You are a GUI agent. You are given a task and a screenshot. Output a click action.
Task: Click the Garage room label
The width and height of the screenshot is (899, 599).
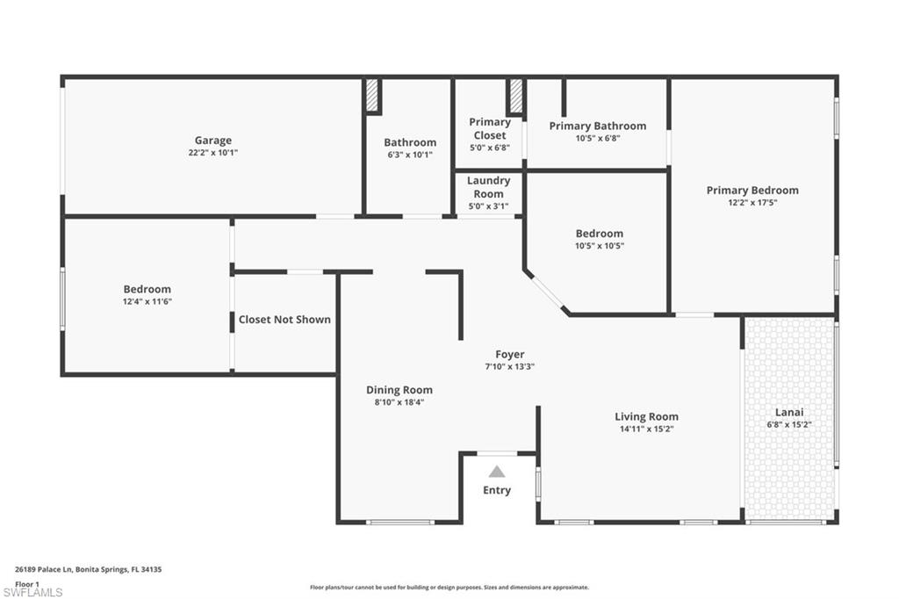click(213, 140)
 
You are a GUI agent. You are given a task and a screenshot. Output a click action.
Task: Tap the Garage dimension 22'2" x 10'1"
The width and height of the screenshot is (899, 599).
click(213, 153)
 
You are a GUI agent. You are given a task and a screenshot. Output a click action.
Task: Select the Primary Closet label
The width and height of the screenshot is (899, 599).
click(490, 128)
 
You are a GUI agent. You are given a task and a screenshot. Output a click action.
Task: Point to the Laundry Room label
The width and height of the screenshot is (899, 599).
click(488, 187)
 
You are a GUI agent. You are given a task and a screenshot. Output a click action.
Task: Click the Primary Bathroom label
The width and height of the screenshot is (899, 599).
click(597, 126)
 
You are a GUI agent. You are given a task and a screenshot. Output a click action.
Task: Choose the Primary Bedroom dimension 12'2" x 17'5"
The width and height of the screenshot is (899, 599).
click(752, 203)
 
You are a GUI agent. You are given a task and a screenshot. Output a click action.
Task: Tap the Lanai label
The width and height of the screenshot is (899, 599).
click(789, 412)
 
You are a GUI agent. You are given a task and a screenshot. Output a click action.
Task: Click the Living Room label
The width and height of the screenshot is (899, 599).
click(647, 416)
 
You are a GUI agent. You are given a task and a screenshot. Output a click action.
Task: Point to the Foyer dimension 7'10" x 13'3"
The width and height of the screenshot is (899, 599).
click(510, 366)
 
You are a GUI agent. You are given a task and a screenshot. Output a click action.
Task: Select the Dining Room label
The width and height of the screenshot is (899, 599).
click(399, 390)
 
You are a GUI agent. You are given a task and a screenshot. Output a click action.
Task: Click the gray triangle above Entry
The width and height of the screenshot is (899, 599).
click(497, 472)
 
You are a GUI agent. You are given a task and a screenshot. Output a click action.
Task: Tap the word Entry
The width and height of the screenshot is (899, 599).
click(497, 490)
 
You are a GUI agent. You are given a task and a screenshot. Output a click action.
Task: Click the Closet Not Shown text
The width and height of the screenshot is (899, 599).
click(284, 320)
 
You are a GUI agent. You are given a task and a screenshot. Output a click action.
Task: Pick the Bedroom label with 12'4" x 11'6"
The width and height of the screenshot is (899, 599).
click(147, 289)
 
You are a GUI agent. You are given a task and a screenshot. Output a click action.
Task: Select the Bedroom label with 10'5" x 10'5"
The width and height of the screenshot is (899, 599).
click(600, 234)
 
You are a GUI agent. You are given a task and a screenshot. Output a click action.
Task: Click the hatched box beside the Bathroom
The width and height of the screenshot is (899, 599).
click(372, 96)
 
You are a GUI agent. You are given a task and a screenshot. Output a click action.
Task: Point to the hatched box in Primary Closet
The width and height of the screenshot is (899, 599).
click(516, 96)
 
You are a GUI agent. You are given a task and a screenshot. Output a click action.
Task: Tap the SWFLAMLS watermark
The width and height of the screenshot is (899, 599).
click(32, 592)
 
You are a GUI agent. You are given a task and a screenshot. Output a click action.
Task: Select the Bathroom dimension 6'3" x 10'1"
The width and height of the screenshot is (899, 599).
click(410, 155)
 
